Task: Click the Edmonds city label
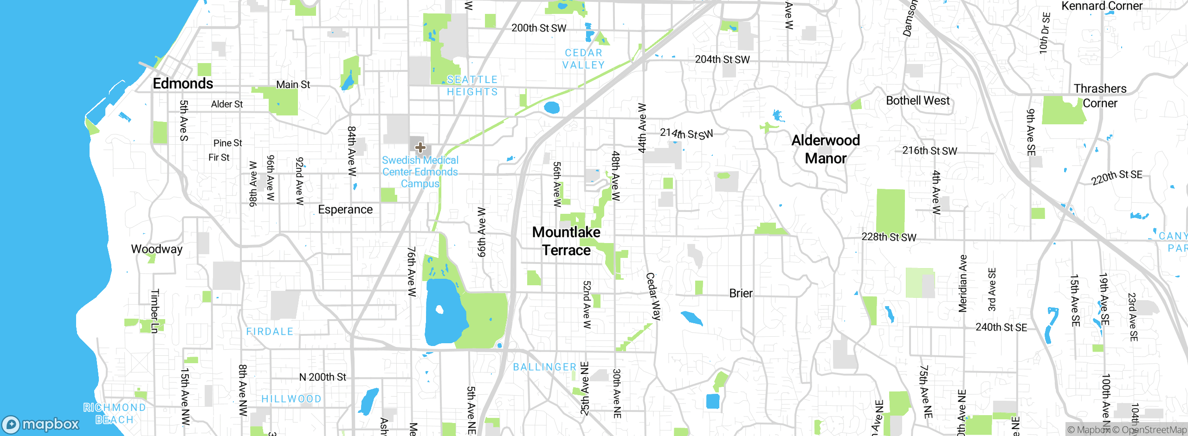tap(183, 83)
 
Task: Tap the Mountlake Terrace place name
tap(566, 241)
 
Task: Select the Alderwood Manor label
tap(826, 149)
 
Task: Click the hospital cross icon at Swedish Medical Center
tap(420, 147)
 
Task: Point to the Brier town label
tap(741, 293)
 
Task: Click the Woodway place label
tap(157, 249)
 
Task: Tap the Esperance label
tap(345, 210)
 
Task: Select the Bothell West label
tap(917, 101)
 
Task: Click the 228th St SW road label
tap(889, 237)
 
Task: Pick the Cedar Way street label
tap(653, 296)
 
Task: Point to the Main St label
tap(293, 84)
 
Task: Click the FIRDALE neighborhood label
tap(270, 332)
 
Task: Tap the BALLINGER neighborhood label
tap(544, 367)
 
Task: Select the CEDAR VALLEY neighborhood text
tap(583, 59)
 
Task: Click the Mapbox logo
tap(41, 424)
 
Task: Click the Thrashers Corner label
tap(1100, 96)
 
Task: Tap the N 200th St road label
tap(323, 377)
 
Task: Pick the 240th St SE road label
tap(1001, 327)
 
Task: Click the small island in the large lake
tap(439, 309)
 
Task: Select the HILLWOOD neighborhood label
tap(291, 399)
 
